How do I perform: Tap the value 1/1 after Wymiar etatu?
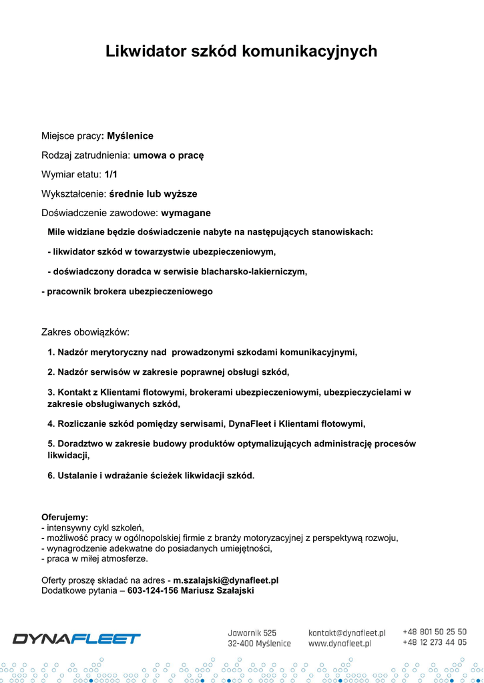coord(111,175)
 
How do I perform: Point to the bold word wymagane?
coord(186,213)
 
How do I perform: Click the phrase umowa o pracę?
coord(168,155)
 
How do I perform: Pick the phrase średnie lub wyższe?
coord(153,194)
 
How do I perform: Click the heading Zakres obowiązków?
coord(85,332)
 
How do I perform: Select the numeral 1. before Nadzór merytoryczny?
coord(51,352)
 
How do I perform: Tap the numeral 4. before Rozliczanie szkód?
coord(51,424)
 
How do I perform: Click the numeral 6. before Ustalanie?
coord(51,476)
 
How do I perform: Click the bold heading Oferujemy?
coord(65,517)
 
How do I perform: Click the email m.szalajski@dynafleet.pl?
coord(226,581)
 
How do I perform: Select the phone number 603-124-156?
coord(152,591)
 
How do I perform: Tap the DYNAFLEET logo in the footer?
coord(77,638)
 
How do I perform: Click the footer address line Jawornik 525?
coord(252,632)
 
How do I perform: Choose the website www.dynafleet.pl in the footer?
coord(340,644)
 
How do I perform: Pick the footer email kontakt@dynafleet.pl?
coord(347,632)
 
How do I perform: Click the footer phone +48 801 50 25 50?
coord(435,632)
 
